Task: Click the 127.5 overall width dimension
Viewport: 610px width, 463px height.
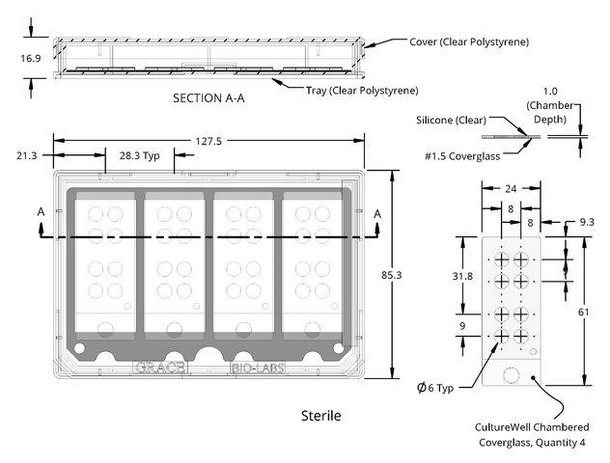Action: [x=208, y=141]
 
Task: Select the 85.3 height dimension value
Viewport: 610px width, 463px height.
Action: [x=391, y=275]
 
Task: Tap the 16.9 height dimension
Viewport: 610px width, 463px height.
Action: [x=31, y=58]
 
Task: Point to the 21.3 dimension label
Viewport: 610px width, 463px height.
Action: [x=26, y=155]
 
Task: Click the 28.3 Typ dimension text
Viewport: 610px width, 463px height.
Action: [x=140, y=155]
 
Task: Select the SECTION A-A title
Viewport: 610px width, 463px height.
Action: [x=208, y=98]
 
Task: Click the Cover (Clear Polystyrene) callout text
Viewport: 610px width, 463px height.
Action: [x=469, y=41]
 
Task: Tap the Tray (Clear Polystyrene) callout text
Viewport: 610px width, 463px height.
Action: [x=362, y=91]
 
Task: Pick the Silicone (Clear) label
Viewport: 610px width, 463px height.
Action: [x=452, y=120]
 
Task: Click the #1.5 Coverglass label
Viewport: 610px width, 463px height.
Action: [x=462, y=156]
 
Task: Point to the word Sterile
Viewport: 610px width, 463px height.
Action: [x=321, y=416]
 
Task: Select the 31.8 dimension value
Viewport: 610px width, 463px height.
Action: [x=462, y=276]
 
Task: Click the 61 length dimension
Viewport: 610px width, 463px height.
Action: [x=583, y=312]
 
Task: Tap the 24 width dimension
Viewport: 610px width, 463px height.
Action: [x=511, y=188]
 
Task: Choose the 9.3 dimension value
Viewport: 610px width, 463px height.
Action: [x=587, y=222]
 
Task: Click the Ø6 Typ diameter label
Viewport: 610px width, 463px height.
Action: [x=435, y=388]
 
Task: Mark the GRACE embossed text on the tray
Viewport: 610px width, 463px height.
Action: [x=160, y=368]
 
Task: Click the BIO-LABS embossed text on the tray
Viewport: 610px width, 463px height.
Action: [x=258, y=368]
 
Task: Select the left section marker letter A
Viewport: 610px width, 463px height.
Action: [x=41, y=212]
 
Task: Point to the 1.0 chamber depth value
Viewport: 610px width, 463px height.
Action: [x=550, y=92]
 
